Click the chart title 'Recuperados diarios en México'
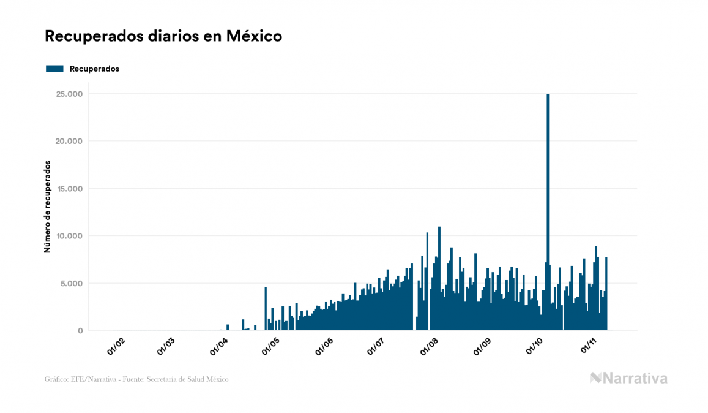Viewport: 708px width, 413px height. [x=163, y=37]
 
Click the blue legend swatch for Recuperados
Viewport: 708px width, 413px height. [x=54, y=69]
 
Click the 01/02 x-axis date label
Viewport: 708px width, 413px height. [x=116, y=347]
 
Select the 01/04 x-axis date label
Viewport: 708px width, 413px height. [x=218, y=347]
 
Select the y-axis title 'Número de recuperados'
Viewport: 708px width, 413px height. [x=47, y=207]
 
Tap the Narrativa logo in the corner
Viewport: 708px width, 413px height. [x=628, y=378]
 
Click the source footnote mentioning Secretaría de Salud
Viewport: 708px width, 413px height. [x=136, y=379]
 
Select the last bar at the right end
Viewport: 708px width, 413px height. [x=606, y=294]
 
